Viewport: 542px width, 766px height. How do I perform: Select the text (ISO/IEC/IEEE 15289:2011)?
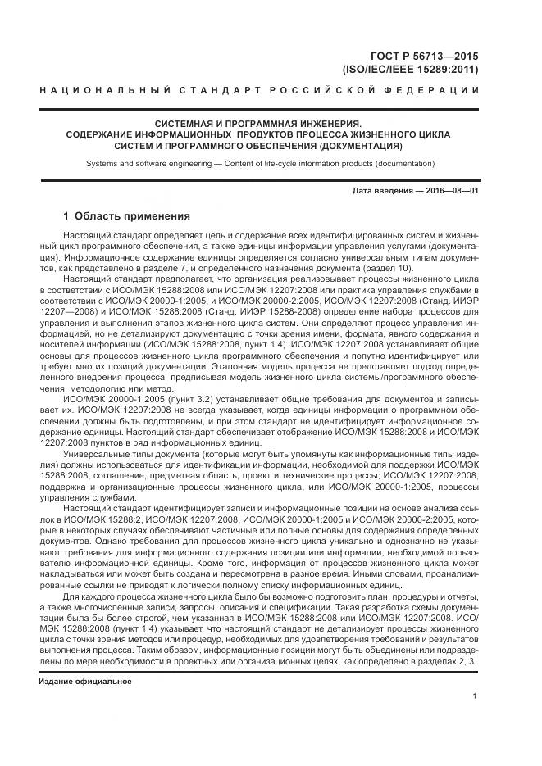[x=410, y=70]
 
